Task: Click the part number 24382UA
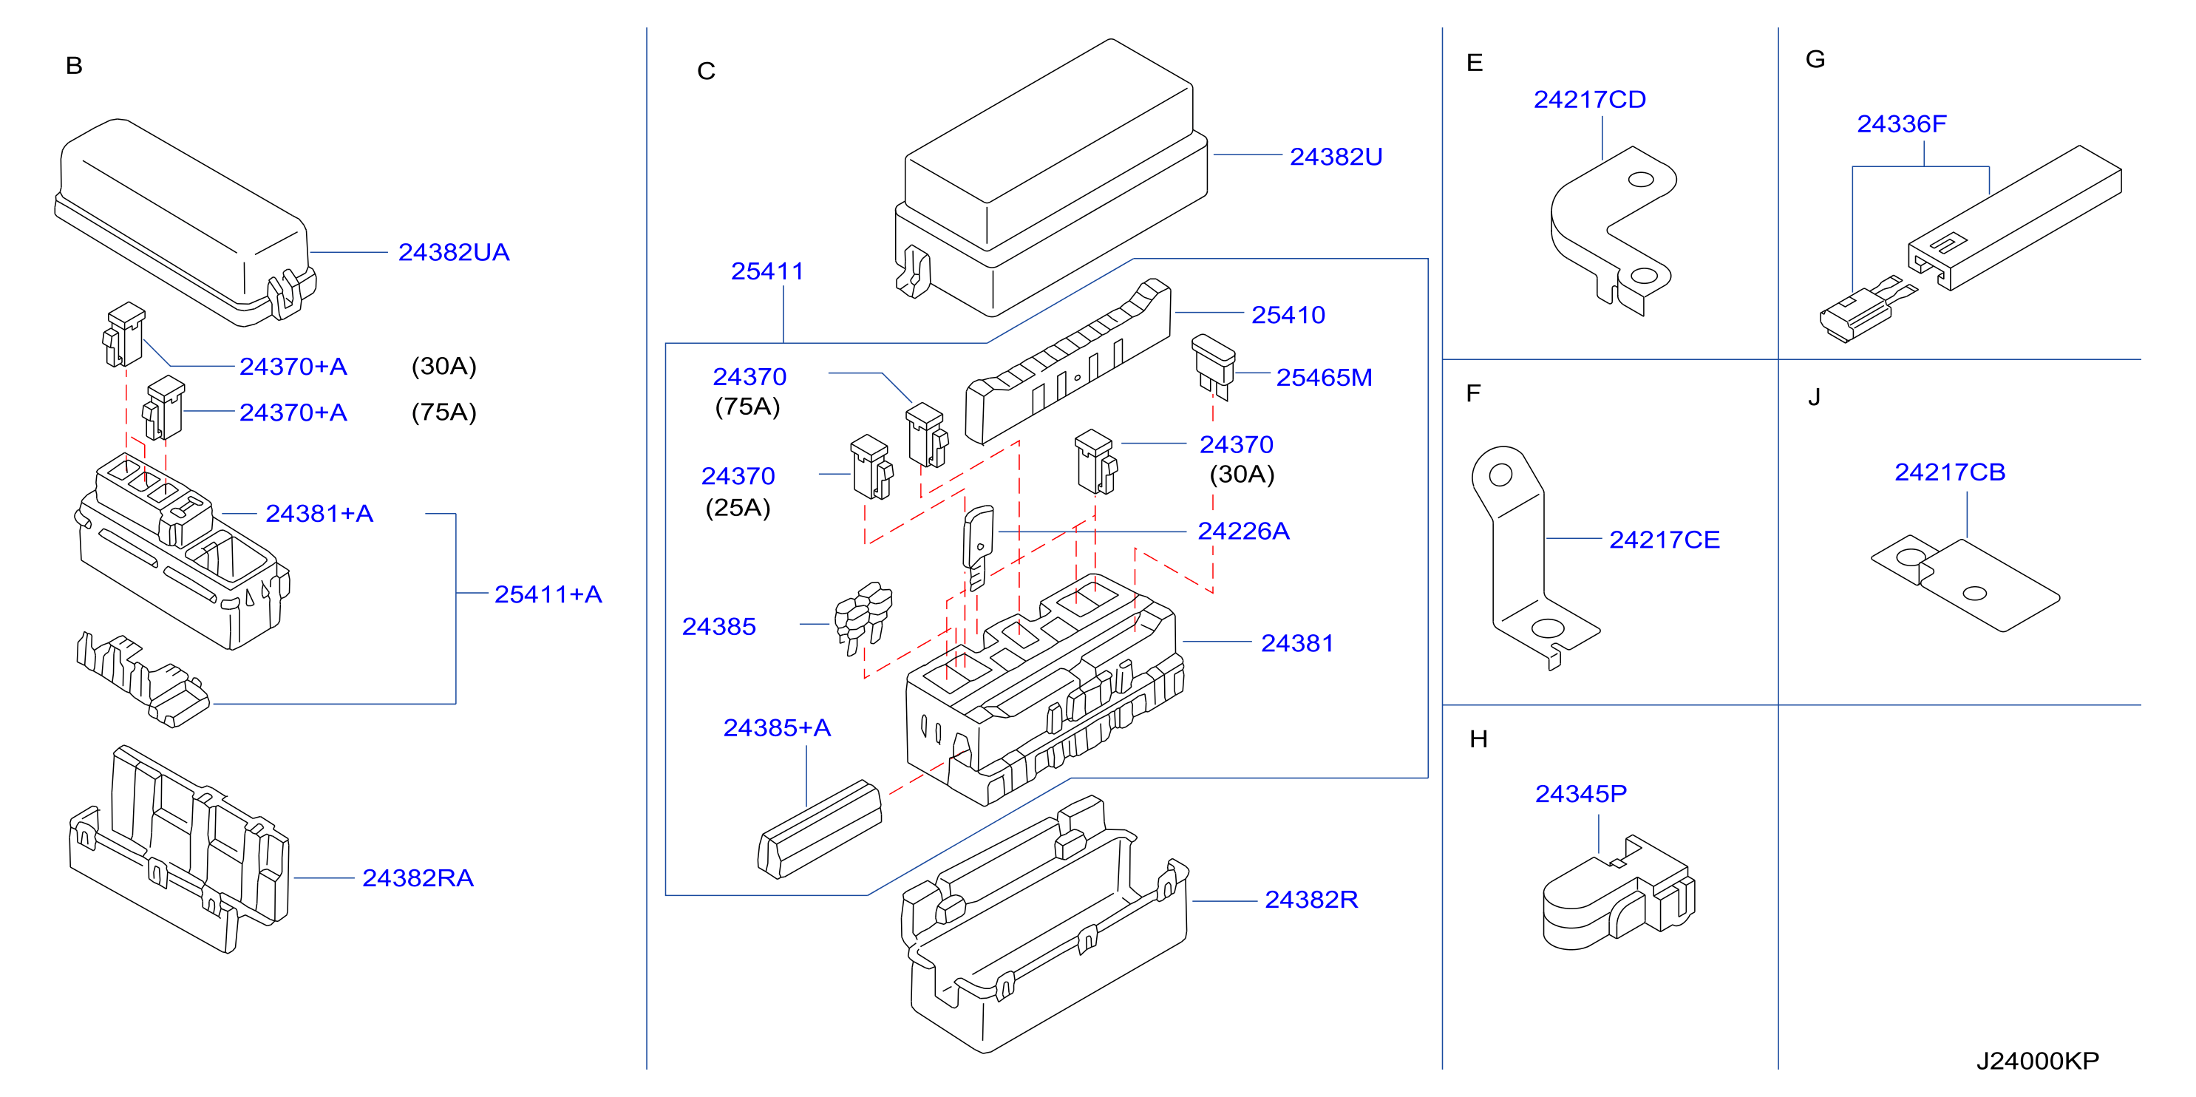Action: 454,252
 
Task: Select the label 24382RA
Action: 418,878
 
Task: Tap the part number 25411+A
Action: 548,594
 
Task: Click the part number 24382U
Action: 1336,157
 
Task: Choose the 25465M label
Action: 1324,378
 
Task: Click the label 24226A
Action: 1243,531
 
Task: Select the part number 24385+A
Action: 777,727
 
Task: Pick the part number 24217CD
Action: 1590,100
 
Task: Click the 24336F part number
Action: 1902,124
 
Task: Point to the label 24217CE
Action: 1664,540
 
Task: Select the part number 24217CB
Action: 1950,472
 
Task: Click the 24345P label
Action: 1580,794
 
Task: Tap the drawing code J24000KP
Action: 2037,1062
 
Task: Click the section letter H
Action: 1478,739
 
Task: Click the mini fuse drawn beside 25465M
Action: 1213,367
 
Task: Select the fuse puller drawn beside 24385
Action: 863,617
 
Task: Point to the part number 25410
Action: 1288,316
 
